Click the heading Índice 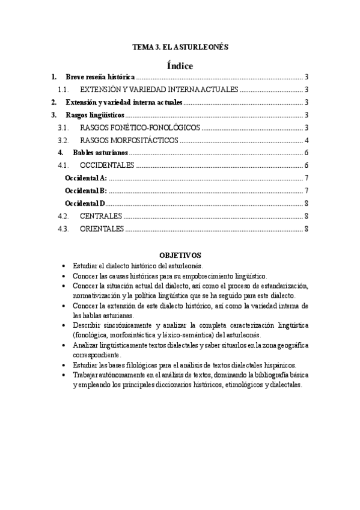[x=180, y=66]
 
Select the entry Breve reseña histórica [x=100, y=78]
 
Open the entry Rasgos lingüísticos [x=95, y=115]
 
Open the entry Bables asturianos [x=100, y=153]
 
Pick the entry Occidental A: [x=85, y=178]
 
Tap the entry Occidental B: [x=85, y=191]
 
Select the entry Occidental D [x=85, y=203]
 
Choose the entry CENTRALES [x=100, y=216]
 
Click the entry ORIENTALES [x=102, y=229]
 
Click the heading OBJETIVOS [x=180, y=255]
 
